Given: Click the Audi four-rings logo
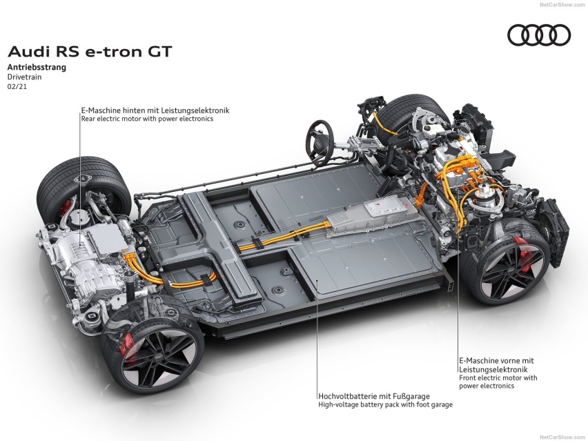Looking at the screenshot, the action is [x=539, y=35].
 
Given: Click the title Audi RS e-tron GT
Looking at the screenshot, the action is [x=90, y=51].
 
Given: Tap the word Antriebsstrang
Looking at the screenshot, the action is [x=37, y=67].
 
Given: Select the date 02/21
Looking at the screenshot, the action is [x=17, y=87].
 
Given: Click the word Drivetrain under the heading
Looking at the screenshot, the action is [x=24, y=77].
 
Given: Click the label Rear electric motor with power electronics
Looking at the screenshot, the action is [x=147, y=119].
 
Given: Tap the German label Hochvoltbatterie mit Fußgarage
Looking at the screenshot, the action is [x=374, y=396].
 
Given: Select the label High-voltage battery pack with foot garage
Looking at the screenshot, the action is [x=386, y=404].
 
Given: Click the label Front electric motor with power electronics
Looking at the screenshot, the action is [x=498, y=382].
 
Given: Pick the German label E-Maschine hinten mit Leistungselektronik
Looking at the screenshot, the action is [x=155, y=110].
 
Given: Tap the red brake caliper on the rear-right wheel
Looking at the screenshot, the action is [x=127, y=344].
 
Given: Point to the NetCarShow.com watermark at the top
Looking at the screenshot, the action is [x=562, y=5].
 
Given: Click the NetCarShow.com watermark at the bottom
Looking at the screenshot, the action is [x=562, y=437].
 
